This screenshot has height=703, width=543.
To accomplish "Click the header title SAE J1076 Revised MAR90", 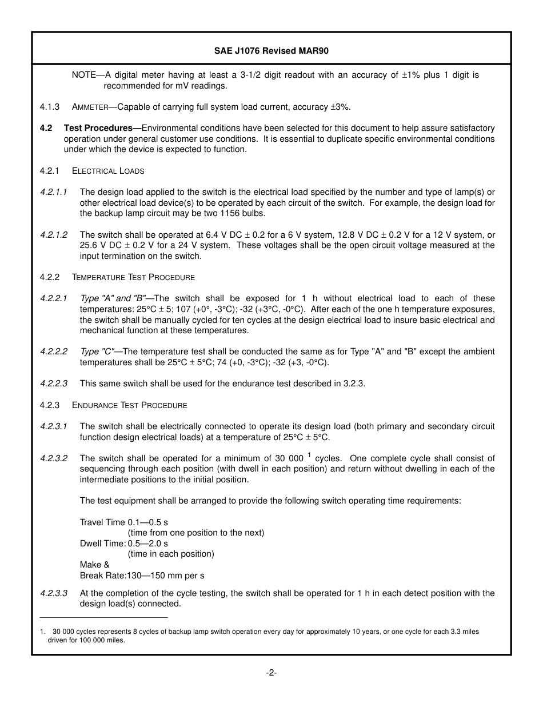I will click(271, 50).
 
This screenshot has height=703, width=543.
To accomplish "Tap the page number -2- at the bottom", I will click(271, 673).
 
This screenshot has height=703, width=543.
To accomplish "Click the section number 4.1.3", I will click(50, 107).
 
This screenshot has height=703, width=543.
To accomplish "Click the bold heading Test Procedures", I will click(101, 128).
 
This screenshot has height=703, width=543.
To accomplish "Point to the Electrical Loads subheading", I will click(108, 171).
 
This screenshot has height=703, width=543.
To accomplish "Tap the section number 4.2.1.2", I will click(54, 235).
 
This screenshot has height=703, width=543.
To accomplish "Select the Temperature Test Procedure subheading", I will click(133, 277).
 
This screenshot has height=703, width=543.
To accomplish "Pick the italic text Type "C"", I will click(97, 351).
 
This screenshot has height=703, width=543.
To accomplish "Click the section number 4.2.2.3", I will click(54, 384).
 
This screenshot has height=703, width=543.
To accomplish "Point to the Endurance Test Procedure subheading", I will click(130, 405).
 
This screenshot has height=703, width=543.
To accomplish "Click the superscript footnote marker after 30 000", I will click(309, 455).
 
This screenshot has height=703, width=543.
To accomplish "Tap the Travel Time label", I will click(102, 522).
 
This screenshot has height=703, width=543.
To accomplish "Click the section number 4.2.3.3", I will click(54, 593).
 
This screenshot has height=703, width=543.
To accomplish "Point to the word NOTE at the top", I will click(83, 75).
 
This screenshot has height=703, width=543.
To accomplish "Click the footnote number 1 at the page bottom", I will click(42, 632).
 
